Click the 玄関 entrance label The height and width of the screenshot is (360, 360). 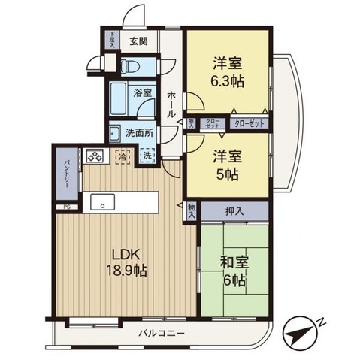(x=137, y=41)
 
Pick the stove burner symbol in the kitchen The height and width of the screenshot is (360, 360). (x=96, y=156)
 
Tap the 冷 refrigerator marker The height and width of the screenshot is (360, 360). (x=122, y=157)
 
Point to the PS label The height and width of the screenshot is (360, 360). (x=66, y=207)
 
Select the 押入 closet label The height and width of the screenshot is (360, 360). (x=234, y=212)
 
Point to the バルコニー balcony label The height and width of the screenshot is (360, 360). (x=162, y=331)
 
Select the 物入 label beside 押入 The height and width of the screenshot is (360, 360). (x=192, y=212)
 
